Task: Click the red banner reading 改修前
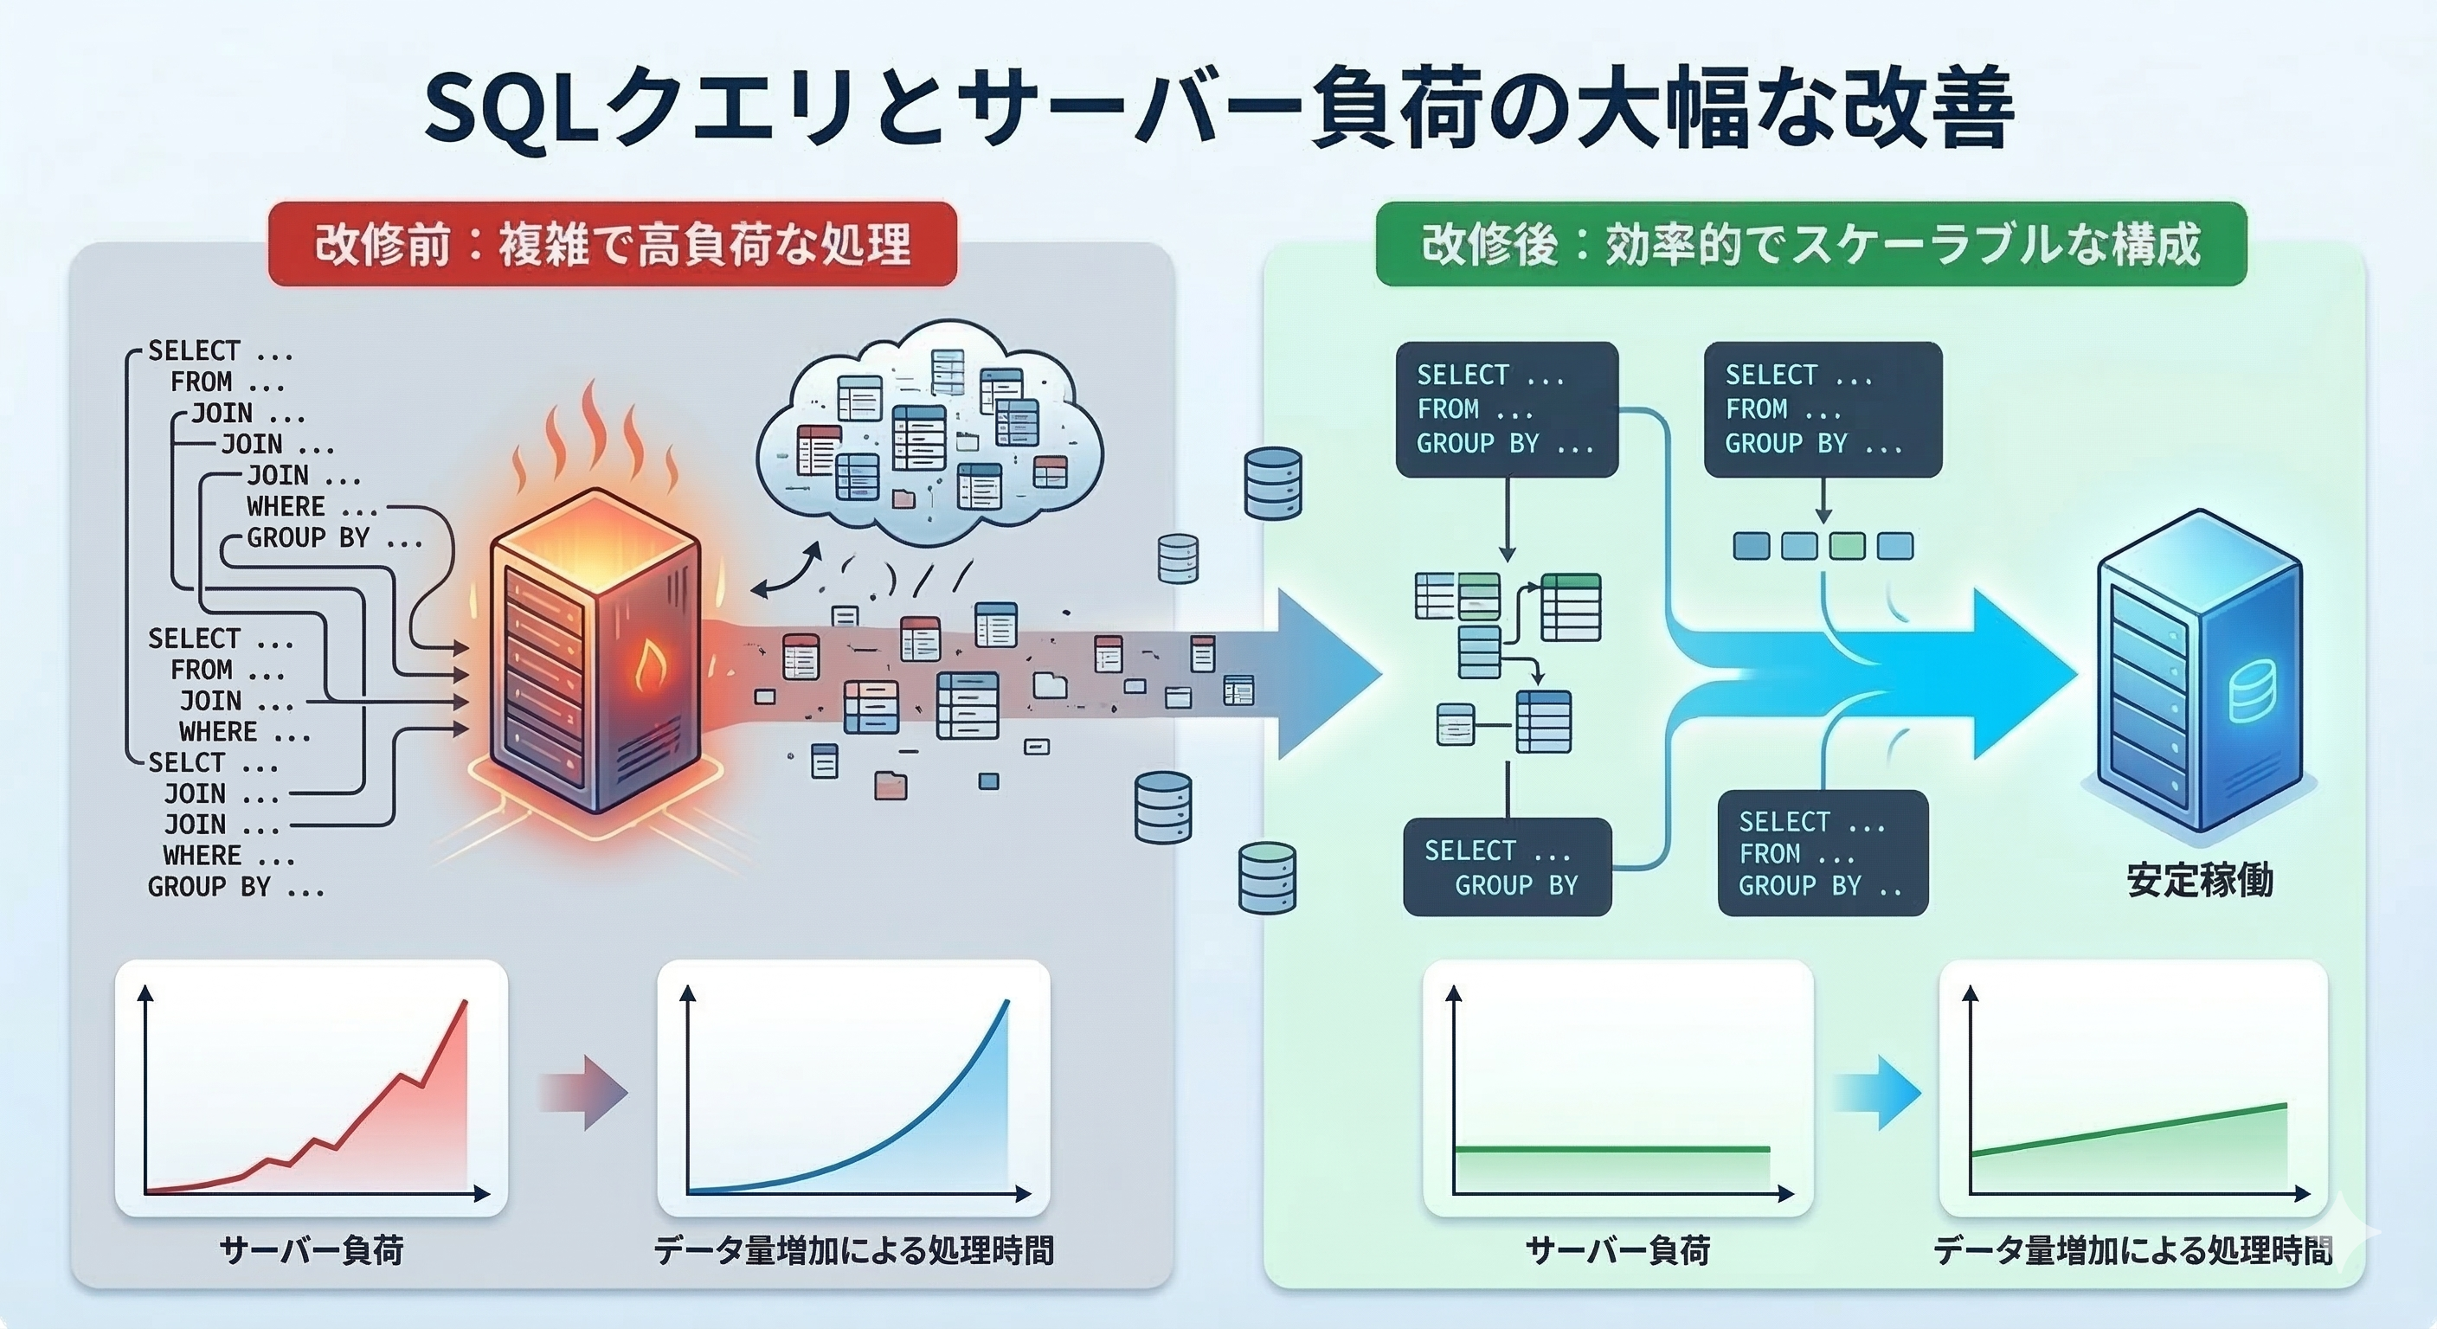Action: click(612, 244)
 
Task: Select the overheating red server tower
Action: click(596, 652)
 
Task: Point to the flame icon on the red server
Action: click(649, 665)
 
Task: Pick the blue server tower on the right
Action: click(2196, 671)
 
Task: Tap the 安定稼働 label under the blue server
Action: click(2199, 881)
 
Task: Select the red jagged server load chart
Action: click(312, 1088)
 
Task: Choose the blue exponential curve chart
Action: click(853, 1088)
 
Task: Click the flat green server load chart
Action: click(1617, 1088)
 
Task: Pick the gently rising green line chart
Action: click(2132, 1088)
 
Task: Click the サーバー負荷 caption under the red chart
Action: click(312, 1250)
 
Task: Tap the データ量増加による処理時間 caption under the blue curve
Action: click(853, 1250)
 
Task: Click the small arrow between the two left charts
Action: click(583, 1093)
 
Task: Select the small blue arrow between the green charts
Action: click(1877, 1093)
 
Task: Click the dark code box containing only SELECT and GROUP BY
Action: click(1506, 866)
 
